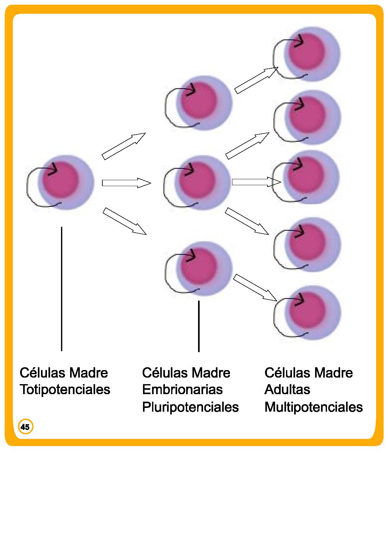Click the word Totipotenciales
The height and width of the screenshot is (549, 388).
tap(65, 390)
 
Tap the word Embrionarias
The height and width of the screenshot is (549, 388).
tap(182, 390)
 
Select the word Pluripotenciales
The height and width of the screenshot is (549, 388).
tap(190, 407)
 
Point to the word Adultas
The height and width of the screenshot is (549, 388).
tap(287, 390)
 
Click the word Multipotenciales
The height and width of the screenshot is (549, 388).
tap(314, 407)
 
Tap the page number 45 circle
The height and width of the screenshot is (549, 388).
tap(25, 427)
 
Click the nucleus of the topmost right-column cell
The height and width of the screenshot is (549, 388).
tap(307, 51)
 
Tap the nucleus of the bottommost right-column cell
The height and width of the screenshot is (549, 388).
tap(307, 310)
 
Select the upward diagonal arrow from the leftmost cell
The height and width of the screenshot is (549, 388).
tap(124, 146)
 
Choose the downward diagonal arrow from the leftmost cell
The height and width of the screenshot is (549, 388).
tap(125, 221)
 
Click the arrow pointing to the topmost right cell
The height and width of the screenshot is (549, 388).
tap(256, 80)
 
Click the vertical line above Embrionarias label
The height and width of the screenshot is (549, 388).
tap(199, 326)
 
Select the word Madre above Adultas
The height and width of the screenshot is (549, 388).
tap(333, 373)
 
